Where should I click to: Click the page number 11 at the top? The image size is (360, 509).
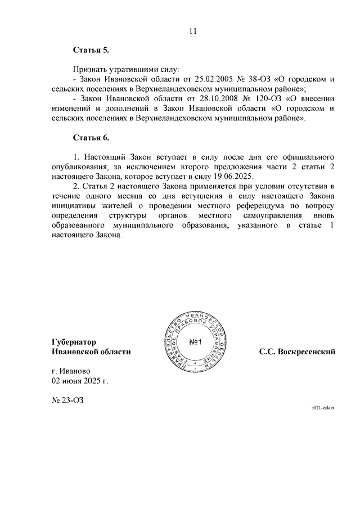193,31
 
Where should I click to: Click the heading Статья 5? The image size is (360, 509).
91,51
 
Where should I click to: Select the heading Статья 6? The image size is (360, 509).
91,137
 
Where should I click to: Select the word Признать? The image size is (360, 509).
91,70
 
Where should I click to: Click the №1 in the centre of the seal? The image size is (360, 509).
195,343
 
